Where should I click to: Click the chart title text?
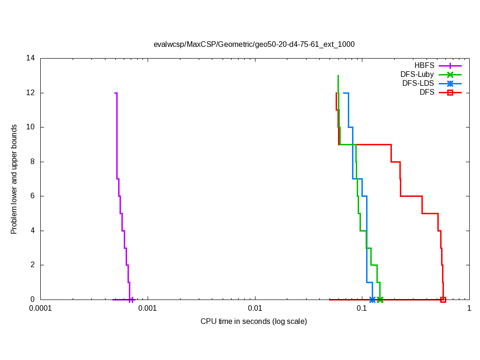click(254, 45)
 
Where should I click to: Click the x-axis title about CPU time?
click(254, 322)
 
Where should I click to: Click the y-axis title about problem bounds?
click(15, 179)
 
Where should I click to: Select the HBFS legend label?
click(424, 66)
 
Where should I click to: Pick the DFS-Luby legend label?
click(417, 75)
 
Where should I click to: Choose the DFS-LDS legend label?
click(418, 83)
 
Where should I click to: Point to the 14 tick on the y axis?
click(31, 58)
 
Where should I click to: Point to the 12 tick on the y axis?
click(31, 93)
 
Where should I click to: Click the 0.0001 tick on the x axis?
click(41, 308)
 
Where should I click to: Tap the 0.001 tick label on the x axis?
click(148, 308)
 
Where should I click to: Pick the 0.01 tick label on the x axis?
click(255, 308)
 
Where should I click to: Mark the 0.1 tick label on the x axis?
click(362, 308)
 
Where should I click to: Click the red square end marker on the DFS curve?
click(443, 300)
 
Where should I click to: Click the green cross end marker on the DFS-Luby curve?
click(380, 300)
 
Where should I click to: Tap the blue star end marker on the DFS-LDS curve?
click(372, 300)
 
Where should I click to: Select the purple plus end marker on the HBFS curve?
click(132, 300)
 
